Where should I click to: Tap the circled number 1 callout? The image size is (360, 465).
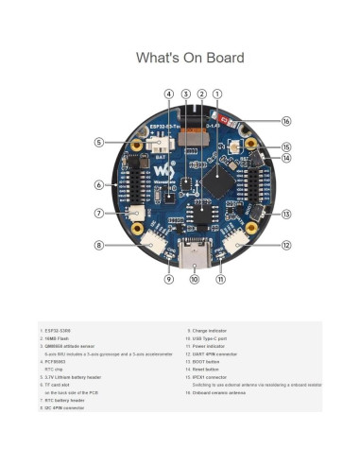click(x=218, y=94)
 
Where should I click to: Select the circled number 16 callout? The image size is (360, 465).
click(x=286, y=121)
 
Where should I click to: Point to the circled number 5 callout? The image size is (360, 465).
click(x=98, y=142)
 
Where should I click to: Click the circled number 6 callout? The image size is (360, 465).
click(x=98, y=184)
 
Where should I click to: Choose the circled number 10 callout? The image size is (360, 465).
click(x=195, y=280)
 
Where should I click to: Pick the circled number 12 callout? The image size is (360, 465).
click(x=286, y=245)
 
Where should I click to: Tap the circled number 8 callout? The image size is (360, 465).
click(x=98, y=245)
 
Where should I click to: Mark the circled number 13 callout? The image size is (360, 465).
click(x=286, y=214)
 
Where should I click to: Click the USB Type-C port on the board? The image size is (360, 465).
click(x=195, y=254)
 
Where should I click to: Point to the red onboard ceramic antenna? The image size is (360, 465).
click(x=224, y=120)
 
